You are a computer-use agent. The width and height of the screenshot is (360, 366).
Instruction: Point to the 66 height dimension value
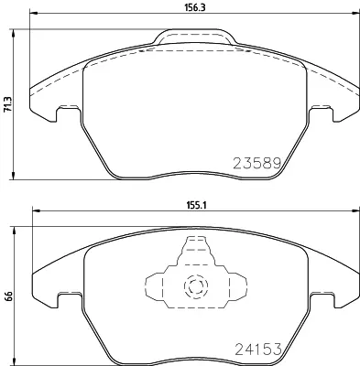[8, 296]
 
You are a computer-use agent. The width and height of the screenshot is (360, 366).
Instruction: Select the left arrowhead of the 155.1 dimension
[36, 214]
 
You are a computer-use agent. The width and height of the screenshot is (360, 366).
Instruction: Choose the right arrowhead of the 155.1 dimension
[352, 214]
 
